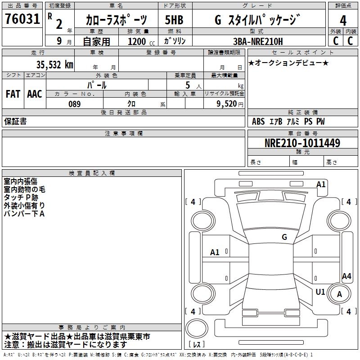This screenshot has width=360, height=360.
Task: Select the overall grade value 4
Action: click(x=343, y=21)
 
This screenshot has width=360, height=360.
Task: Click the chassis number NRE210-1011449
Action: click(x=302, y=144)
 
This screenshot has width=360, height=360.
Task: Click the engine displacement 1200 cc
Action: click(x=140, y=42)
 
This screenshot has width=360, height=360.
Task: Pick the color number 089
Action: click(x=74, y=104)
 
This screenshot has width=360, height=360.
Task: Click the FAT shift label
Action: click(x=13, y=94)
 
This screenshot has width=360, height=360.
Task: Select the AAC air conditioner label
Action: click(x=34, y=94)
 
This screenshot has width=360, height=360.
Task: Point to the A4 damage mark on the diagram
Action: click(x=346, y=276)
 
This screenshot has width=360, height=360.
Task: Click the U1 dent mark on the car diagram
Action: click(x=320, y=292)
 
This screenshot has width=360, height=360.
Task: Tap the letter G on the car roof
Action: click(x=284, y=237)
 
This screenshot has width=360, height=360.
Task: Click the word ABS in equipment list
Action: click(x=258, y=121)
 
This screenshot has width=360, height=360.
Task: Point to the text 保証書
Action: click(x=15, y=121)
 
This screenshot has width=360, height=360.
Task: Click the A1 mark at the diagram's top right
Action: click(x=321, y=184)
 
